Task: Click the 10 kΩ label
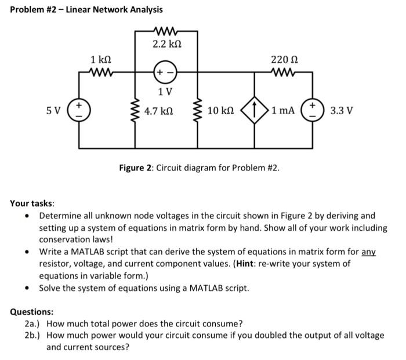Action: tap(220, 110)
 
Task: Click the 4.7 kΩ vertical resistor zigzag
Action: tap(137, 110)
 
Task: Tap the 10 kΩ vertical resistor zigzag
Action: tap(200, 110)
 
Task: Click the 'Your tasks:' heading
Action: tap(32, 203)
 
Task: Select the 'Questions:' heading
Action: tap(32, 311)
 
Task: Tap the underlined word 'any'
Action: tap(369, 252)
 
